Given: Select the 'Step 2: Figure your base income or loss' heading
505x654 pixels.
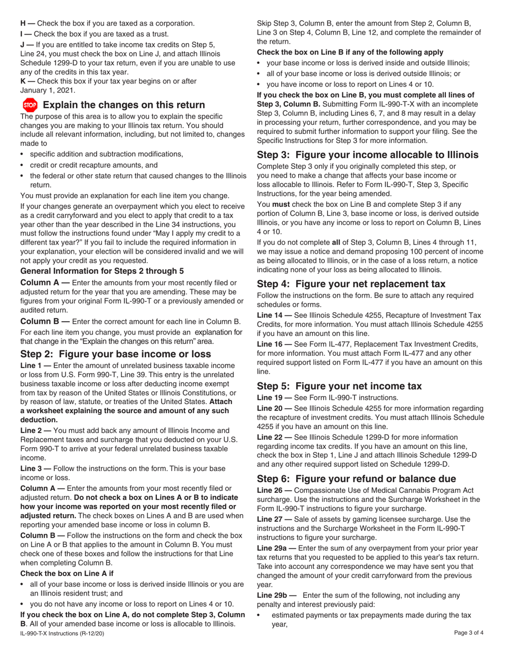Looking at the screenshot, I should click(x=115, y=354).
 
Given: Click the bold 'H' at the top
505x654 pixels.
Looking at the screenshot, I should click(x=23, y=23).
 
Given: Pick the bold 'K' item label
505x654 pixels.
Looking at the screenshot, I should click(x=23, y=81).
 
